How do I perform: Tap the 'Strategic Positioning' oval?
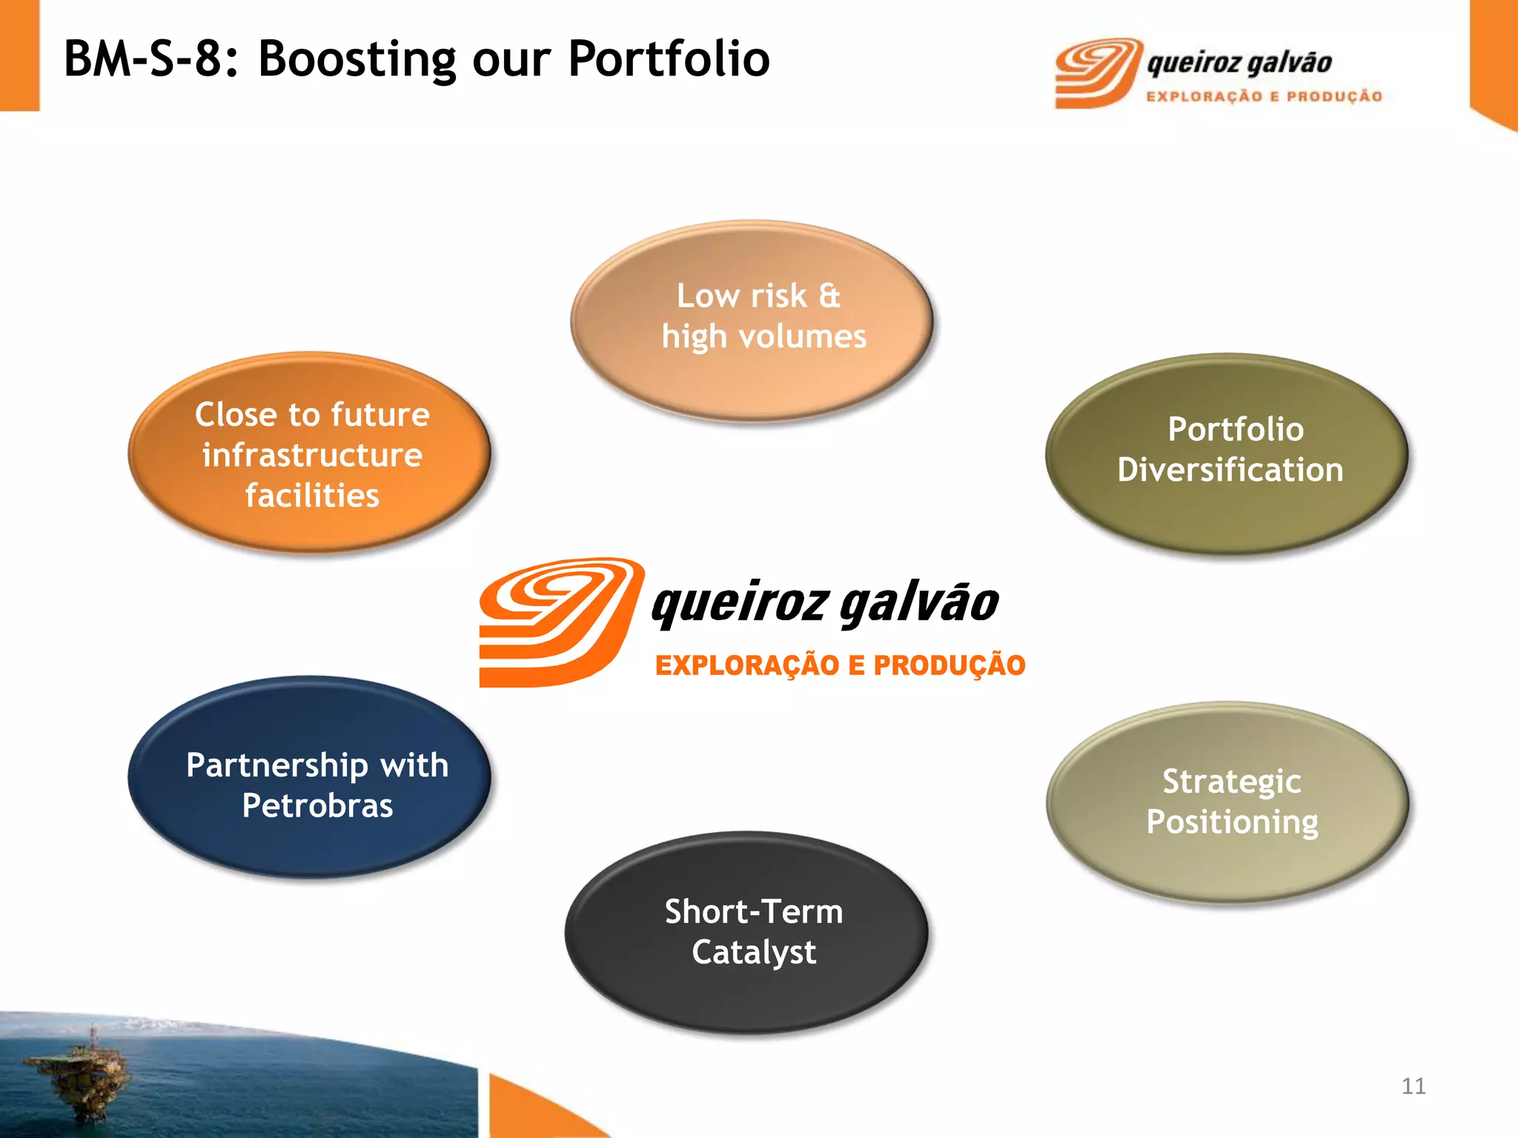1227,802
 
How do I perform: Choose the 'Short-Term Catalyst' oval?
747,932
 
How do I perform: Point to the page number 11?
1413,1086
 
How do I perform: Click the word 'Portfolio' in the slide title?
669,59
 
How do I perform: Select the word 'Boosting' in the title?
357,59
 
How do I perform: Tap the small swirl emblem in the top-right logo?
1096,73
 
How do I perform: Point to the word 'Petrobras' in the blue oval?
317,806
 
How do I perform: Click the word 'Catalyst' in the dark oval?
754,953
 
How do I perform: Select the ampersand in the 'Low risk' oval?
830,296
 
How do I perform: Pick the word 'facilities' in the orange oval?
312,496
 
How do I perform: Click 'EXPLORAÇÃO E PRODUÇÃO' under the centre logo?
840,665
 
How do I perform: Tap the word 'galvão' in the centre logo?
919,603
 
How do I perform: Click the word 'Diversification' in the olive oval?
1230,470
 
